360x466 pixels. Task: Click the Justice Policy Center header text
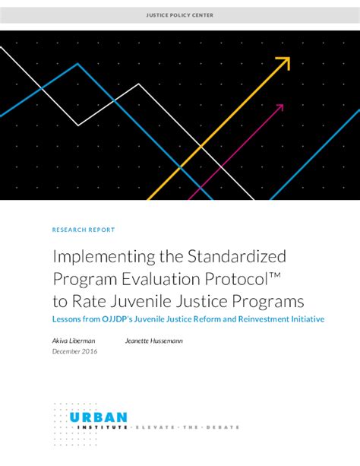(180, 15)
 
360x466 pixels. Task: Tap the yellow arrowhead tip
(289, 57)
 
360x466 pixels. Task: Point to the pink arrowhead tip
(283, 105)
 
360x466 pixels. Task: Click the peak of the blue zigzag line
(77, 63)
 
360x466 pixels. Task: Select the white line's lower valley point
(78, 125)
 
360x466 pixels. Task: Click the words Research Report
(84, 230)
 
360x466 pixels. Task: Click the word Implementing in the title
(104, 256)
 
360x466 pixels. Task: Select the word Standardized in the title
(237, 256)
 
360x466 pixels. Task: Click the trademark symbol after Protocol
(276, 275)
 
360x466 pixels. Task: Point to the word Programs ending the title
(268, 302)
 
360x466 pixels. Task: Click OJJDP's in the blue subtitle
(117, 319)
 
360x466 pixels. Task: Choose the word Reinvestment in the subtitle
(264, 319)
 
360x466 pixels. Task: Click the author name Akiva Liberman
(74, 341)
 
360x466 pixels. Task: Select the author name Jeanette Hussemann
(154, 341)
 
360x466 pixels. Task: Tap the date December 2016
(75, 351)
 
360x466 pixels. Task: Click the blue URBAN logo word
(98, 417)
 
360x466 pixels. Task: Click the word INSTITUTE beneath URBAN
(103, 427)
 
